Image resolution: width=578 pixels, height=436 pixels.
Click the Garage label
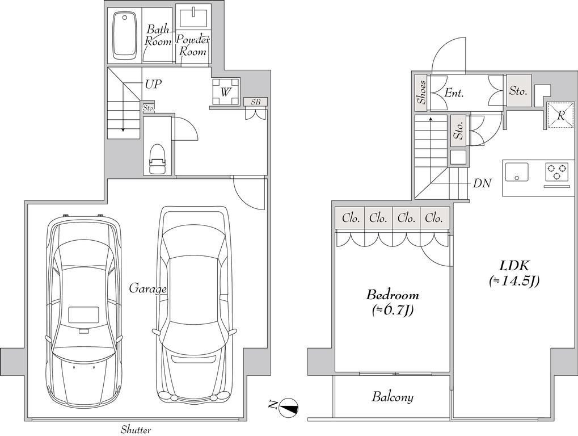coord(147,289)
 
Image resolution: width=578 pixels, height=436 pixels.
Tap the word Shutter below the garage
coord(136,430)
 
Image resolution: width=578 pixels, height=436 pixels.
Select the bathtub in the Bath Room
coord(124,35)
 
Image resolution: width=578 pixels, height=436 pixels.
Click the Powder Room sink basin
coord(193,16)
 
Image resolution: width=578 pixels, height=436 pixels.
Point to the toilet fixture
coord(157,158)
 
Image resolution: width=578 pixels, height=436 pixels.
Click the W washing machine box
coord(226,91)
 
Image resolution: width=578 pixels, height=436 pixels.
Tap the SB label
coord(255,102)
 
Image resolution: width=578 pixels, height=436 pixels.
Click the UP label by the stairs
coord(153,84)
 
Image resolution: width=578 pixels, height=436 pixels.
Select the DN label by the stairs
coord(482,183)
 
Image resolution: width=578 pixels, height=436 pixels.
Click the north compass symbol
coord(289,408)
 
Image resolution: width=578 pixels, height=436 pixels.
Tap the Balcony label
coord(393,397)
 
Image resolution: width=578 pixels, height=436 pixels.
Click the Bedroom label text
coord(392,295)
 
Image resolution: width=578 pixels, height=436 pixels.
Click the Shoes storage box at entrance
coord(421,92)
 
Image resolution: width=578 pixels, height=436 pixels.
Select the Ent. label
coord(454,93)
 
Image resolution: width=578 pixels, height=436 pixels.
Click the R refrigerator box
coord(560,115)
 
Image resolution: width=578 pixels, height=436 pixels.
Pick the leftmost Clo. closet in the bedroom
coord(350,219)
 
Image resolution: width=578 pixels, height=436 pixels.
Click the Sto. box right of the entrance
coord(518,91)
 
